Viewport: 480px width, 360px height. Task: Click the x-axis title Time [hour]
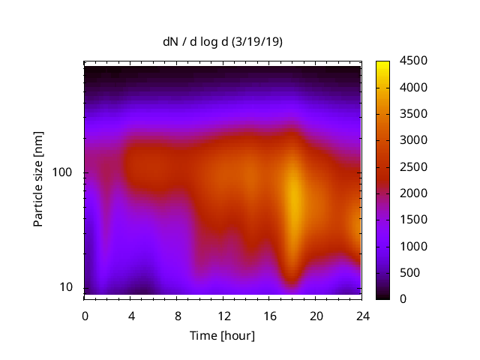[x=222, y=335]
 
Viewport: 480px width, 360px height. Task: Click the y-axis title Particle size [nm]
[x=38, y=179]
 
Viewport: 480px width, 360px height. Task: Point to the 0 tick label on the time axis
[x=85, y=314]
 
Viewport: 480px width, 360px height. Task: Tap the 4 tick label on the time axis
[x=131, y=314]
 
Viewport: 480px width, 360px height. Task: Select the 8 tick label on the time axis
[x=178, y=314]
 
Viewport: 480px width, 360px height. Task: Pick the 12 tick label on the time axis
[x=223, y=314]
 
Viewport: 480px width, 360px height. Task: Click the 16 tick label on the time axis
[x=270, y=314]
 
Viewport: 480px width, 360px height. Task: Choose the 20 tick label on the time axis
[x=316, y=314]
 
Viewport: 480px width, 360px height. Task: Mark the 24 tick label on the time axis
[x=362, y=314]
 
